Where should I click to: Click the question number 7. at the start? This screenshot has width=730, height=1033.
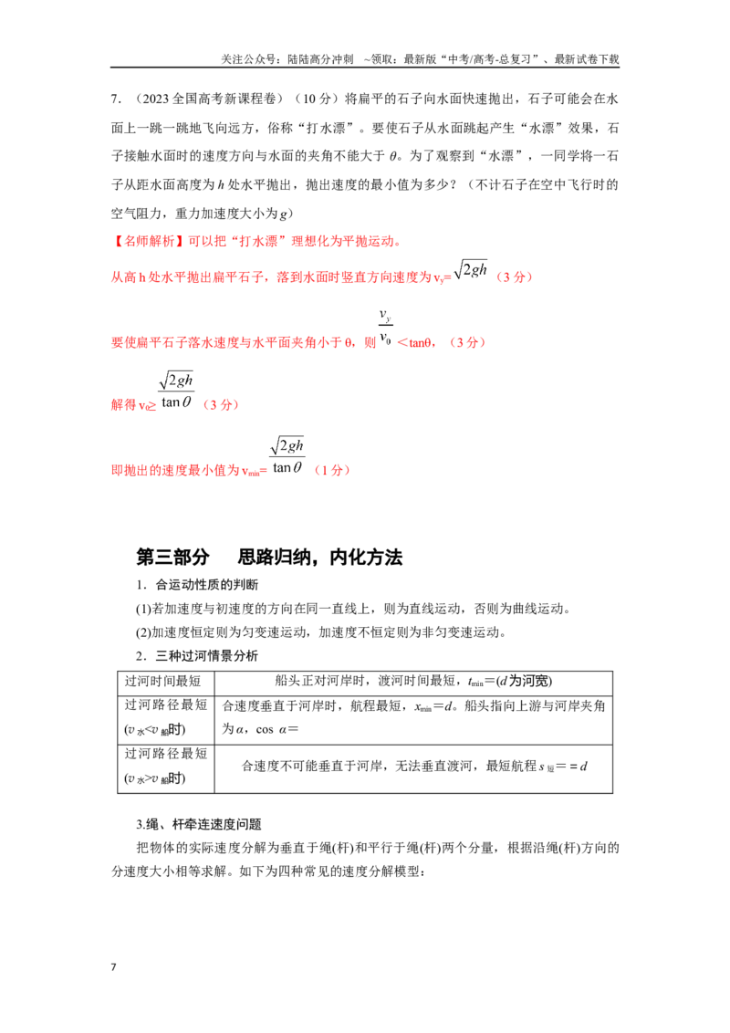(x=116, y=99)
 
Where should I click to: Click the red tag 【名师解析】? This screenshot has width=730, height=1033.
(x=149, y=241)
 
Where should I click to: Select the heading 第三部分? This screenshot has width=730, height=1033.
(x=172, y=557)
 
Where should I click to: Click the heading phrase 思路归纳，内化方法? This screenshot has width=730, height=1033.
(x=319, y=557)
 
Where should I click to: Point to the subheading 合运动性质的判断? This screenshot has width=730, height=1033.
(x=207, y=584)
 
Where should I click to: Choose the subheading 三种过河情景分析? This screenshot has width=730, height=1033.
(x=207, y=655)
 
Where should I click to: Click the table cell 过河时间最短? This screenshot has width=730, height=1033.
(x=162, y=681)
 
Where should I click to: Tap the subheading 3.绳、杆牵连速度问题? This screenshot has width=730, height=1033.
(x=199, y=824)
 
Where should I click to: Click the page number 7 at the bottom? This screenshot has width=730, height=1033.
(x=114, y=967)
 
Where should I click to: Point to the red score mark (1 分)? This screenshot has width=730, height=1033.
(x=332, y=470)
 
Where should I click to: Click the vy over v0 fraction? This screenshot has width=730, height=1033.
(x=386, y=328)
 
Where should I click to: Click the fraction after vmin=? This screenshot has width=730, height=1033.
(x=287, y=456)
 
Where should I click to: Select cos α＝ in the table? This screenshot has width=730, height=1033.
(x=277, y=729)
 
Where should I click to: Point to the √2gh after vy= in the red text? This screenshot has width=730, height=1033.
(x=471, y=270)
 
